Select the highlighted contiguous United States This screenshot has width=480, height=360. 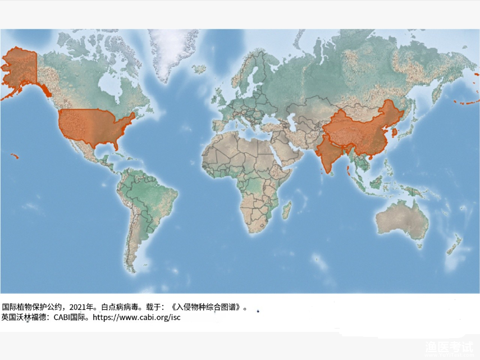click(95, 126)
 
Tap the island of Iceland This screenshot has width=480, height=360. click(199, 69)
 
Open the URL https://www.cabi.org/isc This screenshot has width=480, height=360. click(136, 317)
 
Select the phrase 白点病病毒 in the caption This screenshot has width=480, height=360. click(121, 307)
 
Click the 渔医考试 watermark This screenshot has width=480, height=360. click(449, 348)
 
